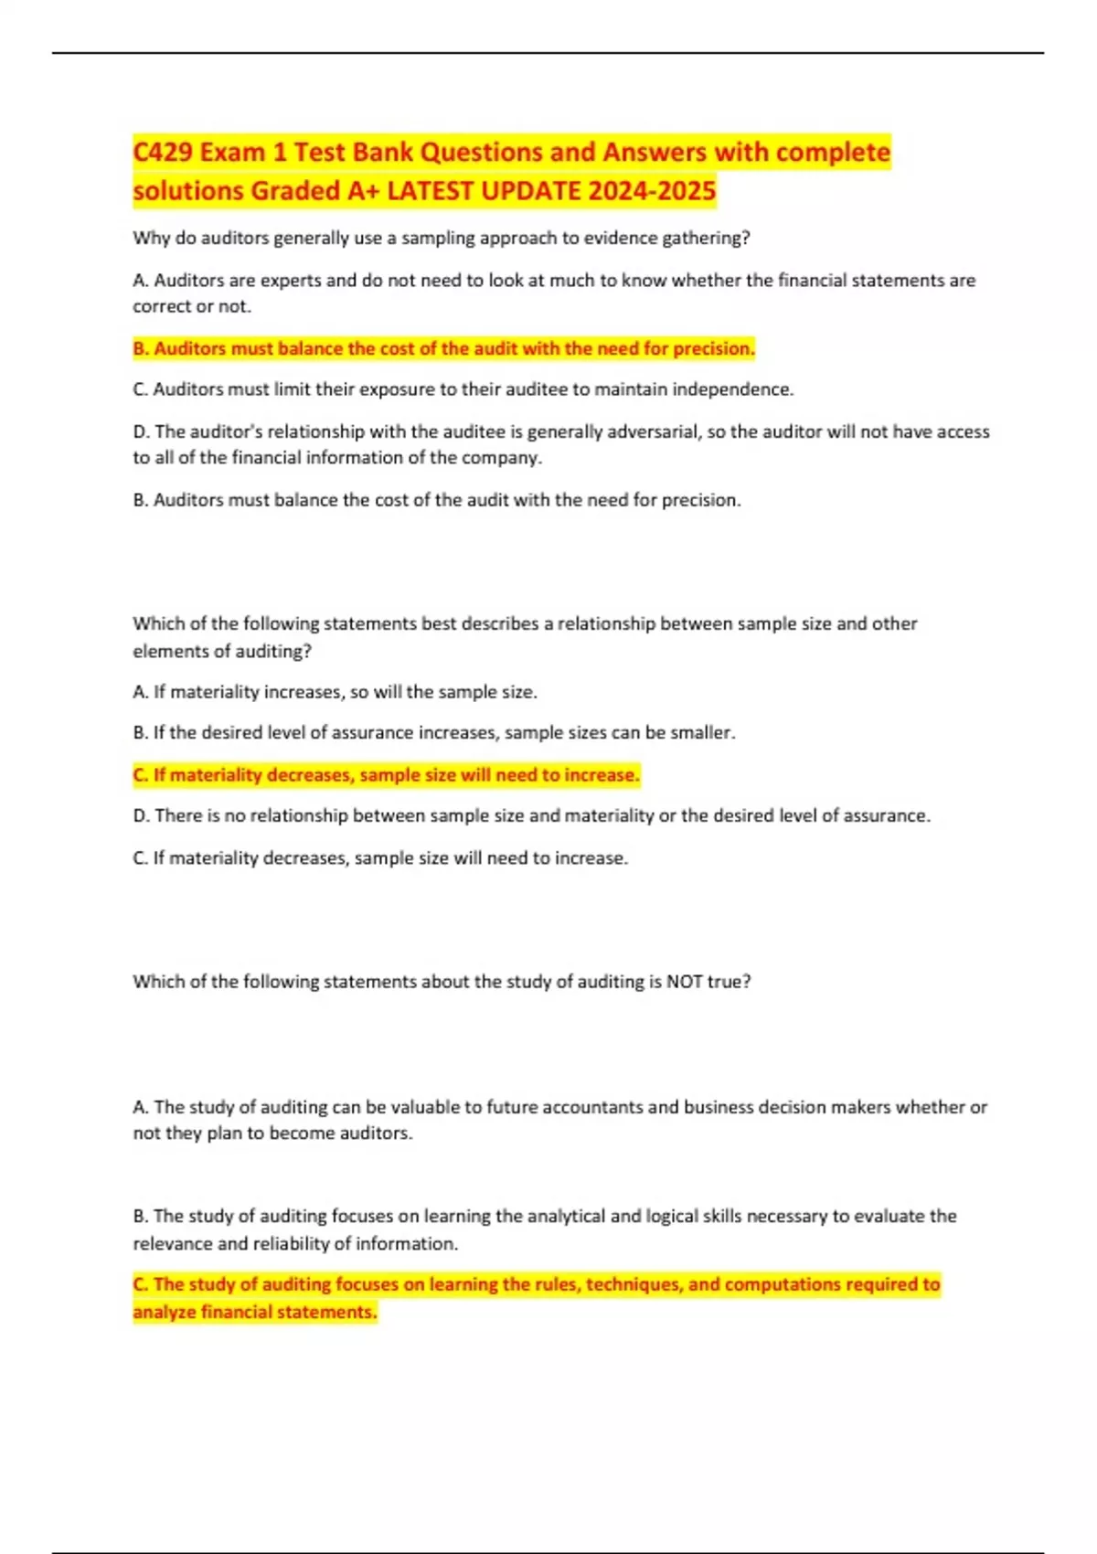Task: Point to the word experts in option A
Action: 292,280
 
